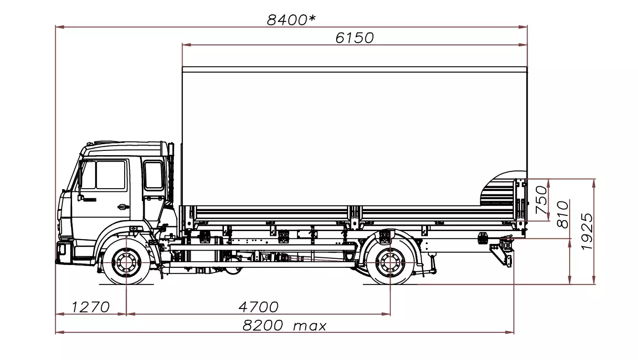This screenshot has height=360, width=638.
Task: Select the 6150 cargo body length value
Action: tap(354, 38)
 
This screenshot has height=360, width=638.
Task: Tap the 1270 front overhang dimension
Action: tap(91, 307)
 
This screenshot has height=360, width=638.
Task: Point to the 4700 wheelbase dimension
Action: tap(258, 307)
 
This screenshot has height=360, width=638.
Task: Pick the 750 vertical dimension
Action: tap(541, 196)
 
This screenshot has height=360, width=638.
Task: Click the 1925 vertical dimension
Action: tap(587, 231)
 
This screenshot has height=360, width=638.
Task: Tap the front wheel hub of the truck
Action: tap(126, 263)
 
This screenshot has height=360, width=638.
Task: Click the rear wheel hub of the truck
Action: tap(390, 263)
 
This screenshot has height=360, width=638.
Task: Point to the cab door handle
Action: tap(123, 207)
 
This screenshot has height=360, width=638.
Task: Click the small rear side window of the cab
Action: tap(153, 175)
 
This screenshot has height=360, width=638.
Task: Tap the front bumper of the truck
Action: tap(63, 252)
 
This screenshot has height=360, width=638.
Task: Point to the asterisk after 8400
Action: tap(312, 19)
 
